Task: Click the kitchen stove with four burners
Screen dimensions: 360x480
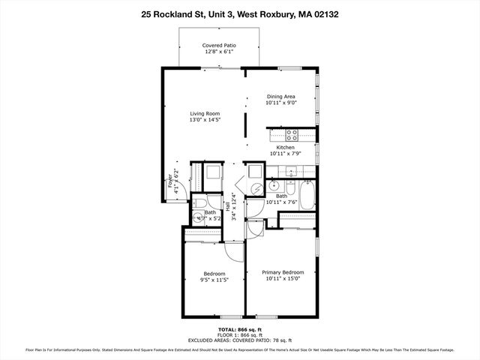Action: tap(292, 136)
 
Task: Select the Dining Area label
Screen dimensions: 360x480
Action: tap(281, 97)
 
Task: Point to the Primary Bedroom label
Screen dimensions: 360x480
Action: tap(283, 272)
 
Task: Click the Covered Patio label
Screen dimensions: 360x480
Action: tap(219, 46)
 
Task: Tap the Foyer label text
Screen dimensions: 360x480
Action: tap(170, 184)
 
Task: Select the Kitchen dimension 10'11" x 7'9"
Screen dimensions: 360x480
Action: tap(285, 154)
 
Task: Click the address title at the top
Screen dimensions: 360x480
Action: tap(239, 13)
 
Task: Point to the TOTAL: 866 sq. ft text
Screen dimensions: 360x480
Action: tap(239, 329)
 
